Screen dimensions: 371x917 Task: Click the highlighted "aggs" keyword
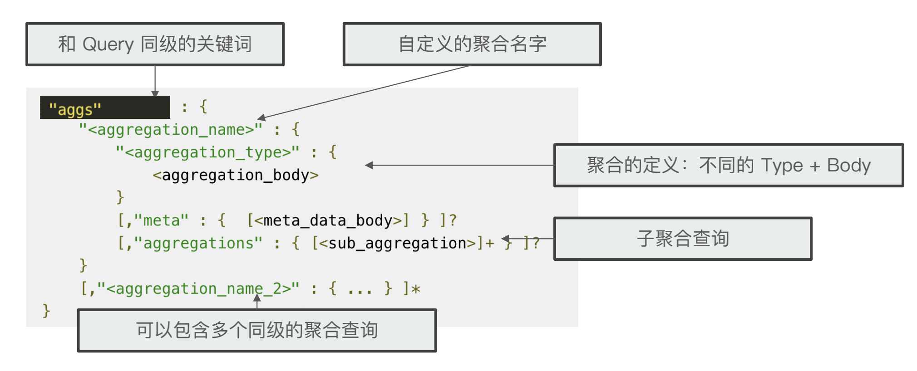pyautogui.click(x=75, y=109)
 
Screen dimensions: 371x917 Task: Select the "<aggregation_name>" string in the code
pyautogui.click(x=171, y=130)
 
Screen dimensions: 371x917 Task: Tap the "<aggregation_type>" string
pyautogui.click(x=207, y=152)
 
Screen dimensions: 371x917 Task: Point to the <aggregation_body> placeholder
pyautogui.click(x=236, y=175)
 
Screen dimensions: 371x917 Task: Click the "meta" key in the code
pyautogui.click(x=161, y=221)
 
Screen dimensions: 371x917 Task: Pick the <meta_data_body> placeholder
pyautogui.click(x=328, y=221)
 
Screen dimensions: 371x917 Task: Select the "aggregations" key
pyautogui.click(x=198, y=244)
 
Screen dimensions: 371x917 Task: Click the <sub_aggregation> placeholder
pyautogui.click(x=397, y=244)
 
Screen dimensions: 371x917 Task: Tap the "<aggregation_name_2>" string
pyautogui.click(x=198, y=289)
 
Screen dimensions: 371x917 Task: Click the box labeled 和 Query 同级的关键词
pyautogui.click(x=155, y=44)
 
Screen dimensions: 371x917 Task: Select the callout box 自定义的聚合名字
pyautogui.click(x=472, y=44)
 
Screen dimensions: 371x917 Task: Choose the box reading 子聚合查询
pyautogui.click(x=683, y=239)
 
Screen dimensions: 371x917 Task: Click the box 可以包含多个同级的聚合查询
pyautogui.click(x=257, y=330)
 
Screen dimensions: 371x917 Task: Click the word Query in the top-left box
pyautogui.click(x=108, y=44)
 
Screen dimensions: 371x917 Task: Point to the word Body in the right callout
pyautogui.click(x=848, y=166)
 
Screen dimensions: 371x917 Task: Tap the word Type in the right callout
pyautogui.click(x=782, y=166)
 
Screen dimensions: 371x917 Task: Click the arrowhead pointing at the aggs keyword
pyautogui.click(x=155, y=93)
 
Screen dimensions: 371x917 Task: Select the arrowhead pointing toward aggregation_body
pyautogui.click(x=369, y=166)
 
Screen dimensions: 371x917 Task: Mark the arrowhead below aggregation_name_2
pyautogui.click(x=257, y=298)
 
